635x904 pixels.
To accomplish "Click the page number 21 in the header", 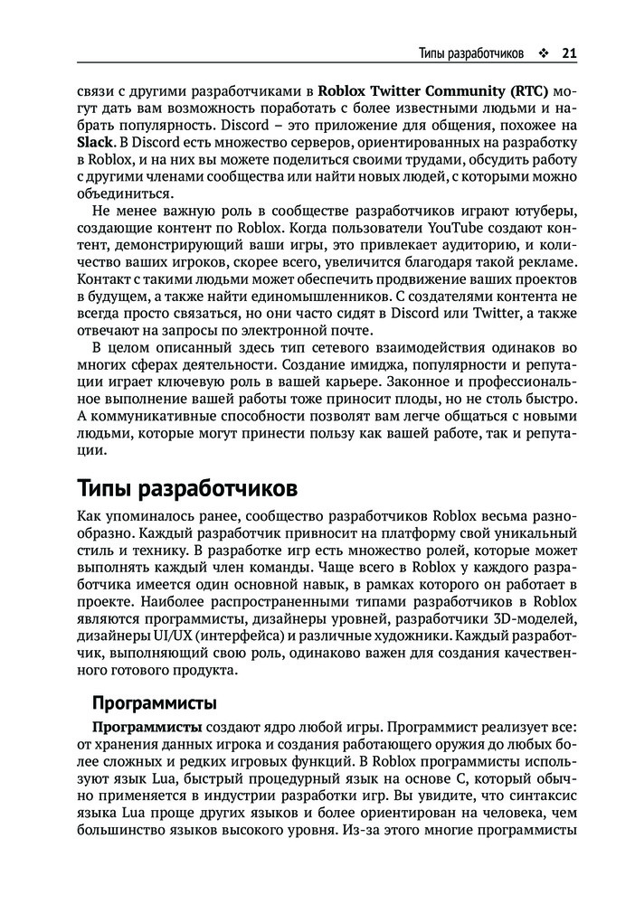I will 569,52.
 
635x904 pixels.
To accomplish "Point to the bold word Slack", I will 96,142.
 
